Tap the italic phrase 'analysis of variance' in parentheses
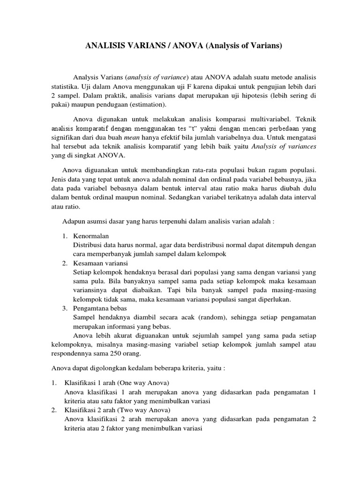coord(157,77)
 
